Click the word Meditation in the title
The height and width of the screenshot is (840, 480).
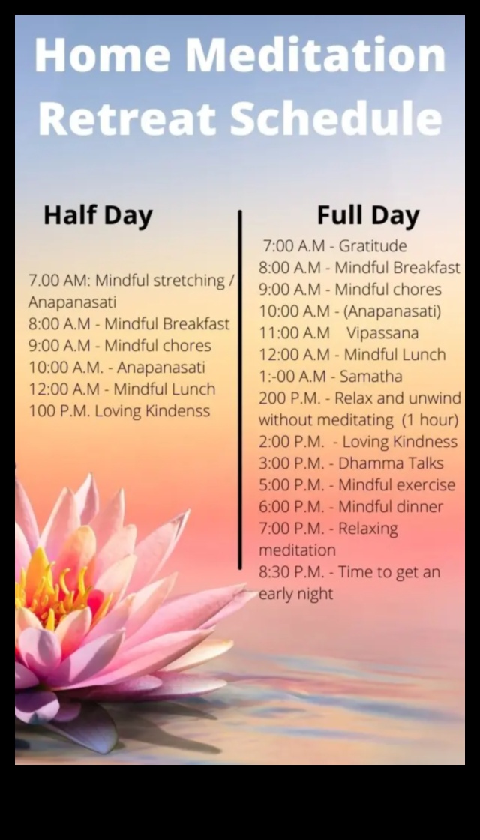tap(315, 55)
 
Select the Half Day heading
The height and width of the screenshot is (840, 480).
tap(97, 215)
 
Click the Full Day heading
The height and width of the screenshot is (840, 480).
tap(367, 215)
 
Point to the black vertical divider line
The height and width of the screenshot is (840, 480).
tap(240, 390)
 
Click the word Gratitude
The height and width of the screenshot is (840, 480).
tap(373, 245)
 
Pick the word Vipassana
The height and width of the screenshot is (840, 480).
tap(382, 332)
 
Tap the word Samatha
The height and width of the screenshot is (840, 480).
tap(370, 376)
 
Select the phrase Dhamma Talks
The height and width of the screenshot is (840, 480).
tap(391, 463)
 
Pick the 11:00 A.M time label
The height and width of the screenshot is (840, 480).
tap(294, 332)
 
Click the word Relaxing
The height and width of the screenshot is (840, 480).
tap(367, 528)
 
